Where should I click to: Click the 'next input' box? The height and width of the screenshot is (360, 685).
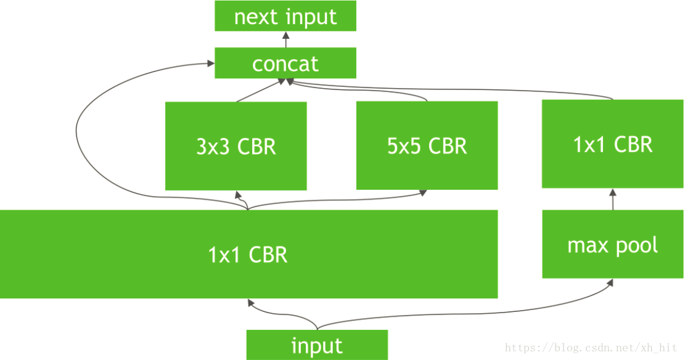[x=285, y=16]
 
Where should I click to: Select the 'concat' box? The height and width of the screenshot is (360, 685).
[x=285, y=63]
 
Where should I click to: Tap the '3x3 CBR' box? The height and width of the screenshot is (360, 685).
[x=236, y=146]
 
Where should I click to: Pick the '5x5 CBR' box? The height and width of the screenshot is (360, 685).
[x=427, y=146]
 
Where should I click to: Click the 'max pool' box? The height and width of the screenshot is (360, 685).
[x=612, y=245]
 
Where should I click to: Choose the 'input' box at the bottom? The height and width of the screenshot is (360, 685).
[x=317, y=345]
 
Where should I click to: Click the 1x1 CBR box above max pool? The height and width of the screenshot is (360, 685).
[x=612, y=144]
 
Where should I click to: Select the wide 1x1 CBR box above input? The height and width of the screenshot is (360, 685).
[x=248, y=254]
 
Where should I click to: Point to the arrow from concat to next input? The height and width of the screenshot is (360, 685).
[x=285, y=39]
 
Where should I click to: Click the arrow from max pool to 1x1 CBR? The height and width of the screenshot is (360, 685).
[x=613, y=199]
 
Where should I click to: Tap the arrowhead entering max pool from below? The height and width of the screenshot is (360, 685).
[x=610, y=282]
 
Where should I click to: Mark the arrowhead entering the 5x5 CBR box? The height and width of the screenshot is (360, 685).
[x=423, y=193]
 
